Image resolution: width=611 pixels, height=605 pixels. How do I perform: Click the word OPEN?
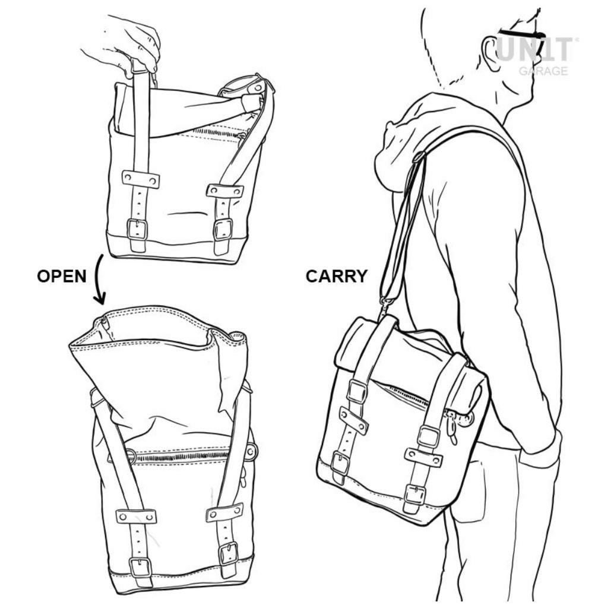click(x=62, y=276)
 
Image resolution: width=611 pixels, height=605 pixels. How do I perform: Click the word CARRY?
click(x=336, y=276)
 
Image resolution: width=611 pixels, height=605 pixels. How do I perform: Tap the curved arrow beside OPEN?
click(x=99, y=279)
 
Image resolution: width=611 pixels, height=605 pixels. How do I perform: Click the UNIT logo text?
click(x=534, y=49)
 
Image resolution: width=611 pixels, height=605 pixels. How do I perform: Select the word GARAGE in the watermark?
click(x=543, y=71)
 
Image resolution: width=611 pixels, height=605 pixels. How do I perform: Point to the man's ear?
click(x=492, y=53)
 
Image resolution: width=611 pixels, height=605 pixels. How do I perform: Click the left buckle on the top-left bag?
click(x=137, y=229)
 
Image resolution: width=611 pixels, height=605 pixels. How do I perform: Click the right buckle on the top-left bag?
click(x=223, y=229)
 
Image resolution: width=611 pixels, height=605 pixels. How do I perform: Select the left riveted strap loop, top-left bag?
click(x=141, y=179)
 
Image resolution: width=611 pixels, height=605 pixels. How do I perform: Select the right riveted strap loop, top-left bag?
click(x=224, y=191)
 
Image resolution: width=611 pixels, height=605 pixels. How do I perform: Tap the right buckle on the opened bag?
click(x=229, y=553)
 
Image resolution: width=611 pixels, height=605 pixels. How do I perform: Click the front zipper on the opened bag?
click(x=180, y=455)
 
